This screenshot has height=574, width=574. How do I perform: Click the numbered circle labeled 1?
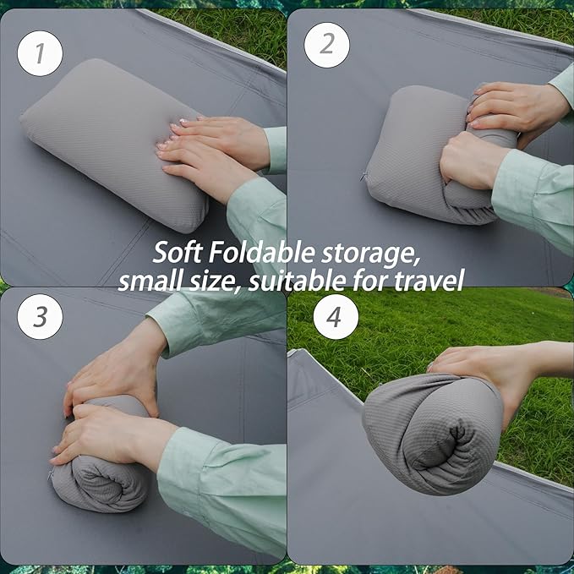coord(40,52)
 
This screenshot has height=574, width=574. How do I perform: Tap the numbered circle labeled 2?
coord(326,44)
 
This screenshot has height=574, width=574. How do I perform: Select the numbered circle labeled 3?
coord(40,316)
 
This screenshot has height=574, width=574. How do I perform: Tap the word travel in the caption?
coord(429,279)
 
